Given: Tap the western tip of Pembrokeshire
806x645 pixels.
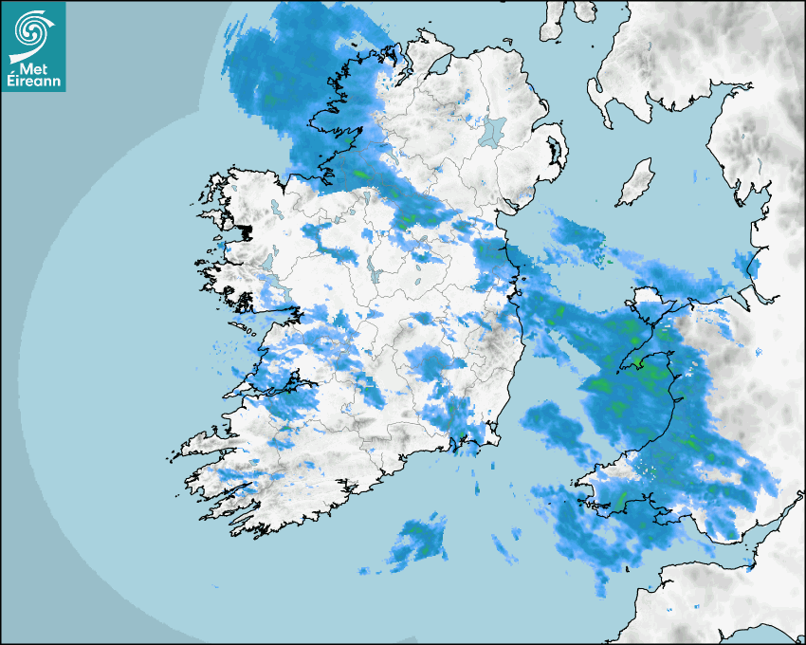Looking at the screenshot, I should [576, 490].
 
